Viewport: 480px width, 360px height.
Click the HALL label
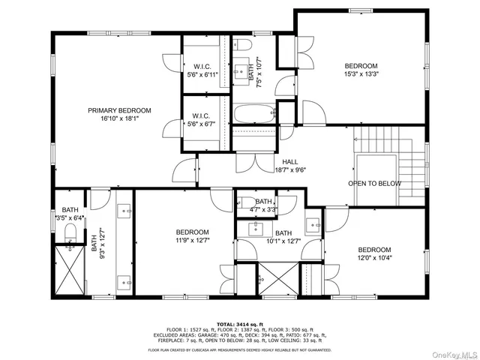[290, 161]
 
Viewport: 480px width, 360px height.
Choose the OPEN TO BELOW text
[374, 184]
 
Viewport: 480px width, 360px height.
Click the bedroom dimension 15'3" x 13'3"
[361, 74]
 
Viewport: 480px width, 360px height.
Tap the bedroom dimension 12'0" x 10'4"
[374, 258]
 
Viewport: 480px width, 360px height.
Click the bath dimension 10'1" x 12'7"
[283, 241]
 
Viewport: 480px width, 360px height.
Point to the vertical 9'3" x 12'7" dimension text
[95, 244]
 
